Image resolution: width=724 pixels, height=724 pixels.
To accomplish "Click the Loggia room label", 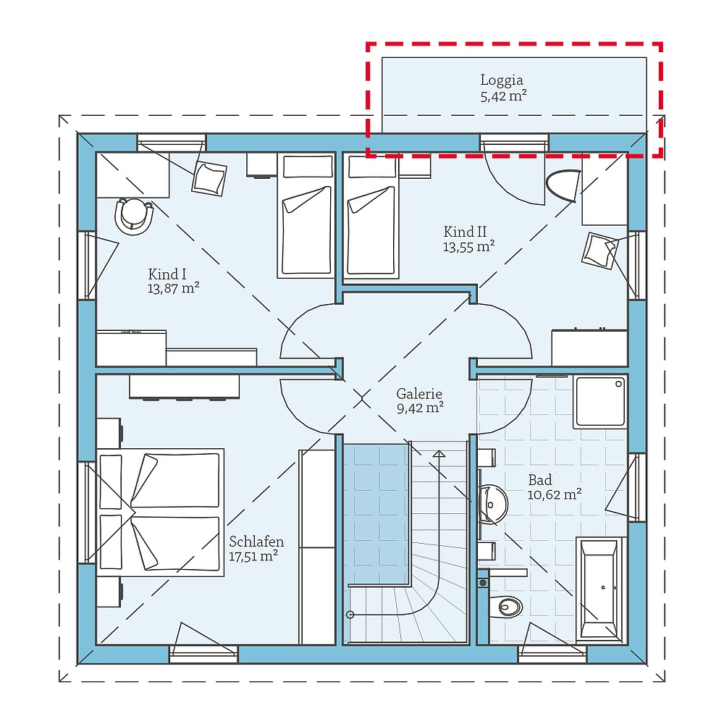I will [x=501, y=80].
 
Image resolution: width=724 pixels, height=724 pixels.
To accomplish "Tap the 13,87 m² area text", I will [x=173, y=288].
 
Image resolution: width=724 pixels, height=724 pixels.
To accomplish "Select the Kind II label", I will [x=465, y=232].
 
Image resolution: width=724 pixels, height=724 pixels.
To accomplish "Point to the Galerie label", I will [x=419, y=394].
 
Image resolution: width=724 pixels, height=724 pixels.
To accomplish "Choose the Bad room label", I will [x=539, y=479].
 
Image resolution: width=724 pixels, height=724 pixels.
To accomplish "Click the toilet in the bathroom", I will [x=508, y=605].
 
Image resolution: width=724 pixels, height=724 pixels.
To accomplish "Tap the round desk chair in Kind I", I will [x=135, y=215].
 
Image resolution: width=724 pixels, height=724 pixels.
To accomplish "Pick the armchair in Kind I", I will [x=209, y=177].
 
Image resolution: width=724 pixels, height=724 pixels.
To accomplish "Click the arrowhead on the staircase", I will [x=439, y=455].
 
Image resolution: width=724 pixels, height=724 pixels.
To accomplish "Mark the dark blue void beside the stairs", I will [x=374, y=514].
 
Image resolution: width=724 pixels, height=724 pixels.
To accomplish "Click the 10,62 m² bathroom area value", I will [x=555, y=494].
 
